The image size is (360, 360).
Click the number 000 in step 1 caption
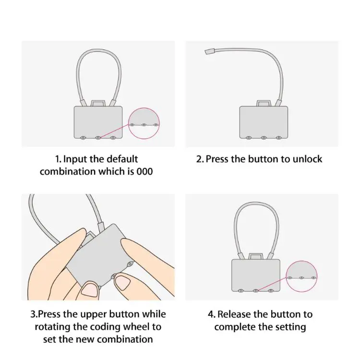(x=144, y=171)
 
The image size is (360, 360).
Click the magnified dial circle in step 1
(x=144, y=123)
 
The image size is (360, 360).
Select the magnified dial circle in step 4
(x=301, y=277)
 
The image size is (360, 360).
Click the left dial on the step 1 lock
(x=83, y=138)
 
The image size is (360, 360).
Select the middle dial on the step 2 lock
(x=264, y=138)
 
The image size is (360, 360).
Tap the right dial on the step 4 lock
(x=271, y=291)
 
